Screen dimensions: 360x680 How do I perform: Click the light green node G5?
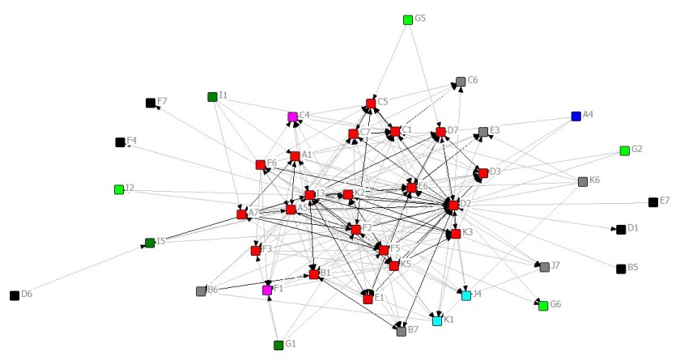pos(408,19)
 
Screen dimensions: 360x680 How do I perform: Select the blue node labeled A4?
pos(576,116)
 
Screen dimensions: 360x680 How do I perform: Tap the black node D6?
pos(15,295)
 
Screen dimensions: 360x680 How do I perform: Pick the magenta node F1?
pos(267,290)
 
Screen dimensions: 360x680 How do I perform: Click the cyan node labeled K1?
pos(437,320)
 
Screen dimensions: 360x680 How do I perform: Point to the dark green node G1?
pos(278,345)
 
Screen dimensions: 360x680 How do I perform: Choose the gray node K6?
pos(583,182)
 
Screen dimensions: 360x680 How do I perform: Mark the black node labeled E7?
pos(653,202)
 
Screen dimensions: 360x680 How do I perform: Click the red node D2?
pos(453,205)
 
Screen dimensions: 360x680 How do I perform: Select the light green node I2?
pos(119,189)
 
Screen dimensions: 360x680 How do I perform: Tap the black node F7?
pos(151,103)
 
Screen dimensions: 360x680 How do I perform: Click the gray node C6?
pos(461,82)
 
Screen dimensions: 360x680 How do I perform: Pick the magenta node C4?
pos(292,116)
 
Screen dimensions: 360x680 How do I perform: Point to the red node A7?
pos(241,214)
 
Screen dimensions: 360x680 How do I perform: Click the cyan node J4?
pos(466,295)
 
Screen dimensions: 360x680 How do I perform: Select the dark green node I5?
pos(150,243)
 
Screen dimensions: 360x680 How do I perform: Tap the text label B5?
pos(633,268)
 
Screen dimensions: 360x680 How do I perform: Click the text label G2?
pos(637,150)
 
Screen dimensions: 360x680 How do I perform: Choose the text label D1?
pos(633,229)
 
